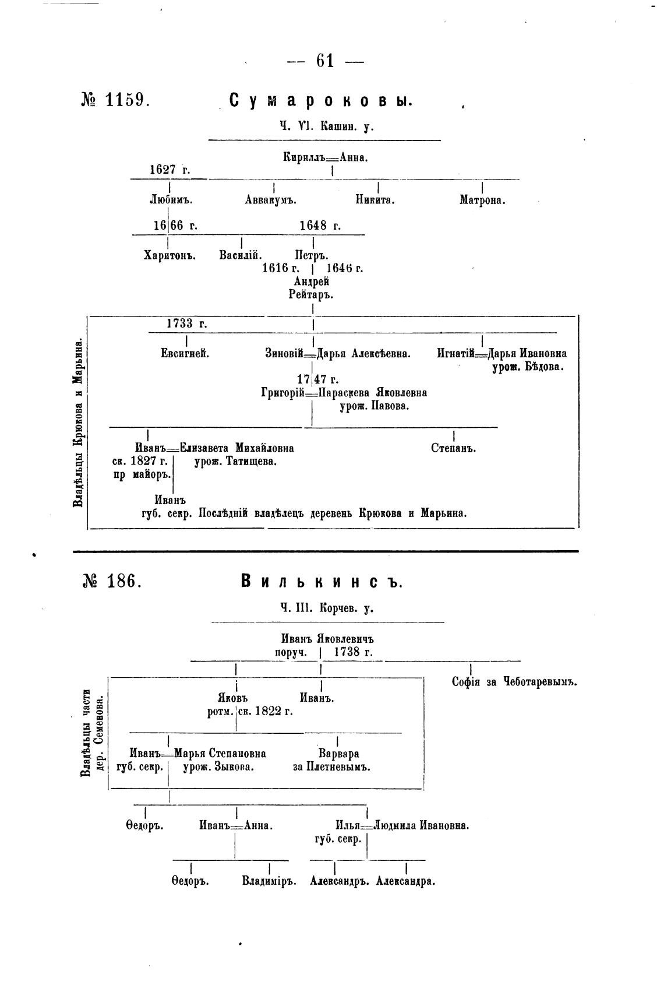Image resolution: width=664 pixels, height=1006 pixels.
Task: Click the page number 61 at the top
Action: pyautogui.click(x=325, y=61)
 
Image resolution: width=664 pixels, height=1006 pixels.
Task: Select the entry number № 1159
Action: pyautogui.click(x=116, y=100)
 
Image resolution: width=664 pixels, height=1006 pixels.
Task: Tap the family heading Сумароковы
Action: pyautogui.click(x=321, y=101)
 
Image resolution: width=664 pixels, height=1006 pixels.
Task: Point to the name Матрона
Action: pyautogui.click(x=482, y=201)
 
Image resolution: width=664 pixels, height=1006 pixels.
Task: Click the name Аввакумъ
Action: pyautogui.click(x=271, y=201)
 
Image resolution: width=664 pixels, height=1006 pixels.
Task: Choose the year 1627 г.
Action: pyautogui.click(x=169, y=170)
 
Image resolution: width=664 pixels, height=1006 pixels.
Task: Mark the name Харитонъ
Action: pyautogui.click(x=169, y=255)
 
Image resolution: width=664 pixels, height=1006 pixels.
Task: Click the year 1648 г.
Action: pyautogui.click(x=320, y=226)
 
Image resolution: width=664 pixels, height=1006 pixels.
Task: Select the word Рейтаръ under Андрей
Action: pyautogui.click(x=311, y=295)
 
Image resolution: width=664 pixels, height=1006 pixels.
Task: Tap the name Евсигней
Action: pyautogui.click(x=185, y=353)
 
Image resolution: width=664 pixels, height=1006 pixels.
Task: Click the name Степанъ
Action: pyautogui.click(x=454, y=448)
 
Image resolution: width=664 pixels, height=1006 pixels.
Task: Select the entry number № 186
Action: pyautogui.click(x=112, y=581)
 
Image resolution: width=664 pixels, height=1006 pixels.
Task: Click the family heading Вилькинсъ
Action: pyautogui.click(x=322, y=582)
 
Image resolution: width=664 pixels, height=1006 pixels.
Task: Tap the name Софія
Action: pyautogui.click(x=466, y=682)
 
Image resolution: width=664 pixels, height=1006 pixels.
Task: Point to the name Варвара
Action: pyautogui.click(x=338, y=753)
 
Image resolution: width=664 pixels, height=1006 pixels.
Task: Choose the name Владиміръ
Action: pyautogui.click(x=269, y=881)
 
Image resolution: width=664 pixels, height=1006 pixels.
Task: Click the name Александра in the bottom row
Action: pyautogui.click(x=406, y=881)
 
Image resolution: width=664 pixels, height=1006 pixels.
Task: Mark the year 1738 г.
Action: pyautogui.click(x=354, y=652)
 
